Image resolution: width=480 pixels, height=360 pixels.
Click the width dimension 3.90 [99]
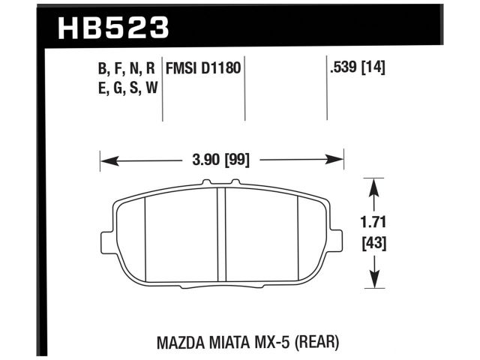tap(221, 159)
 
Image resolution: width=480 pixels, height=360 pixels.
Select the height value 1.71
tap(373, 223)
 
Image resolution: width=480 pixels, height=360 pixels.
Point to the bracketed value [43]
tap(373, 244)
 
